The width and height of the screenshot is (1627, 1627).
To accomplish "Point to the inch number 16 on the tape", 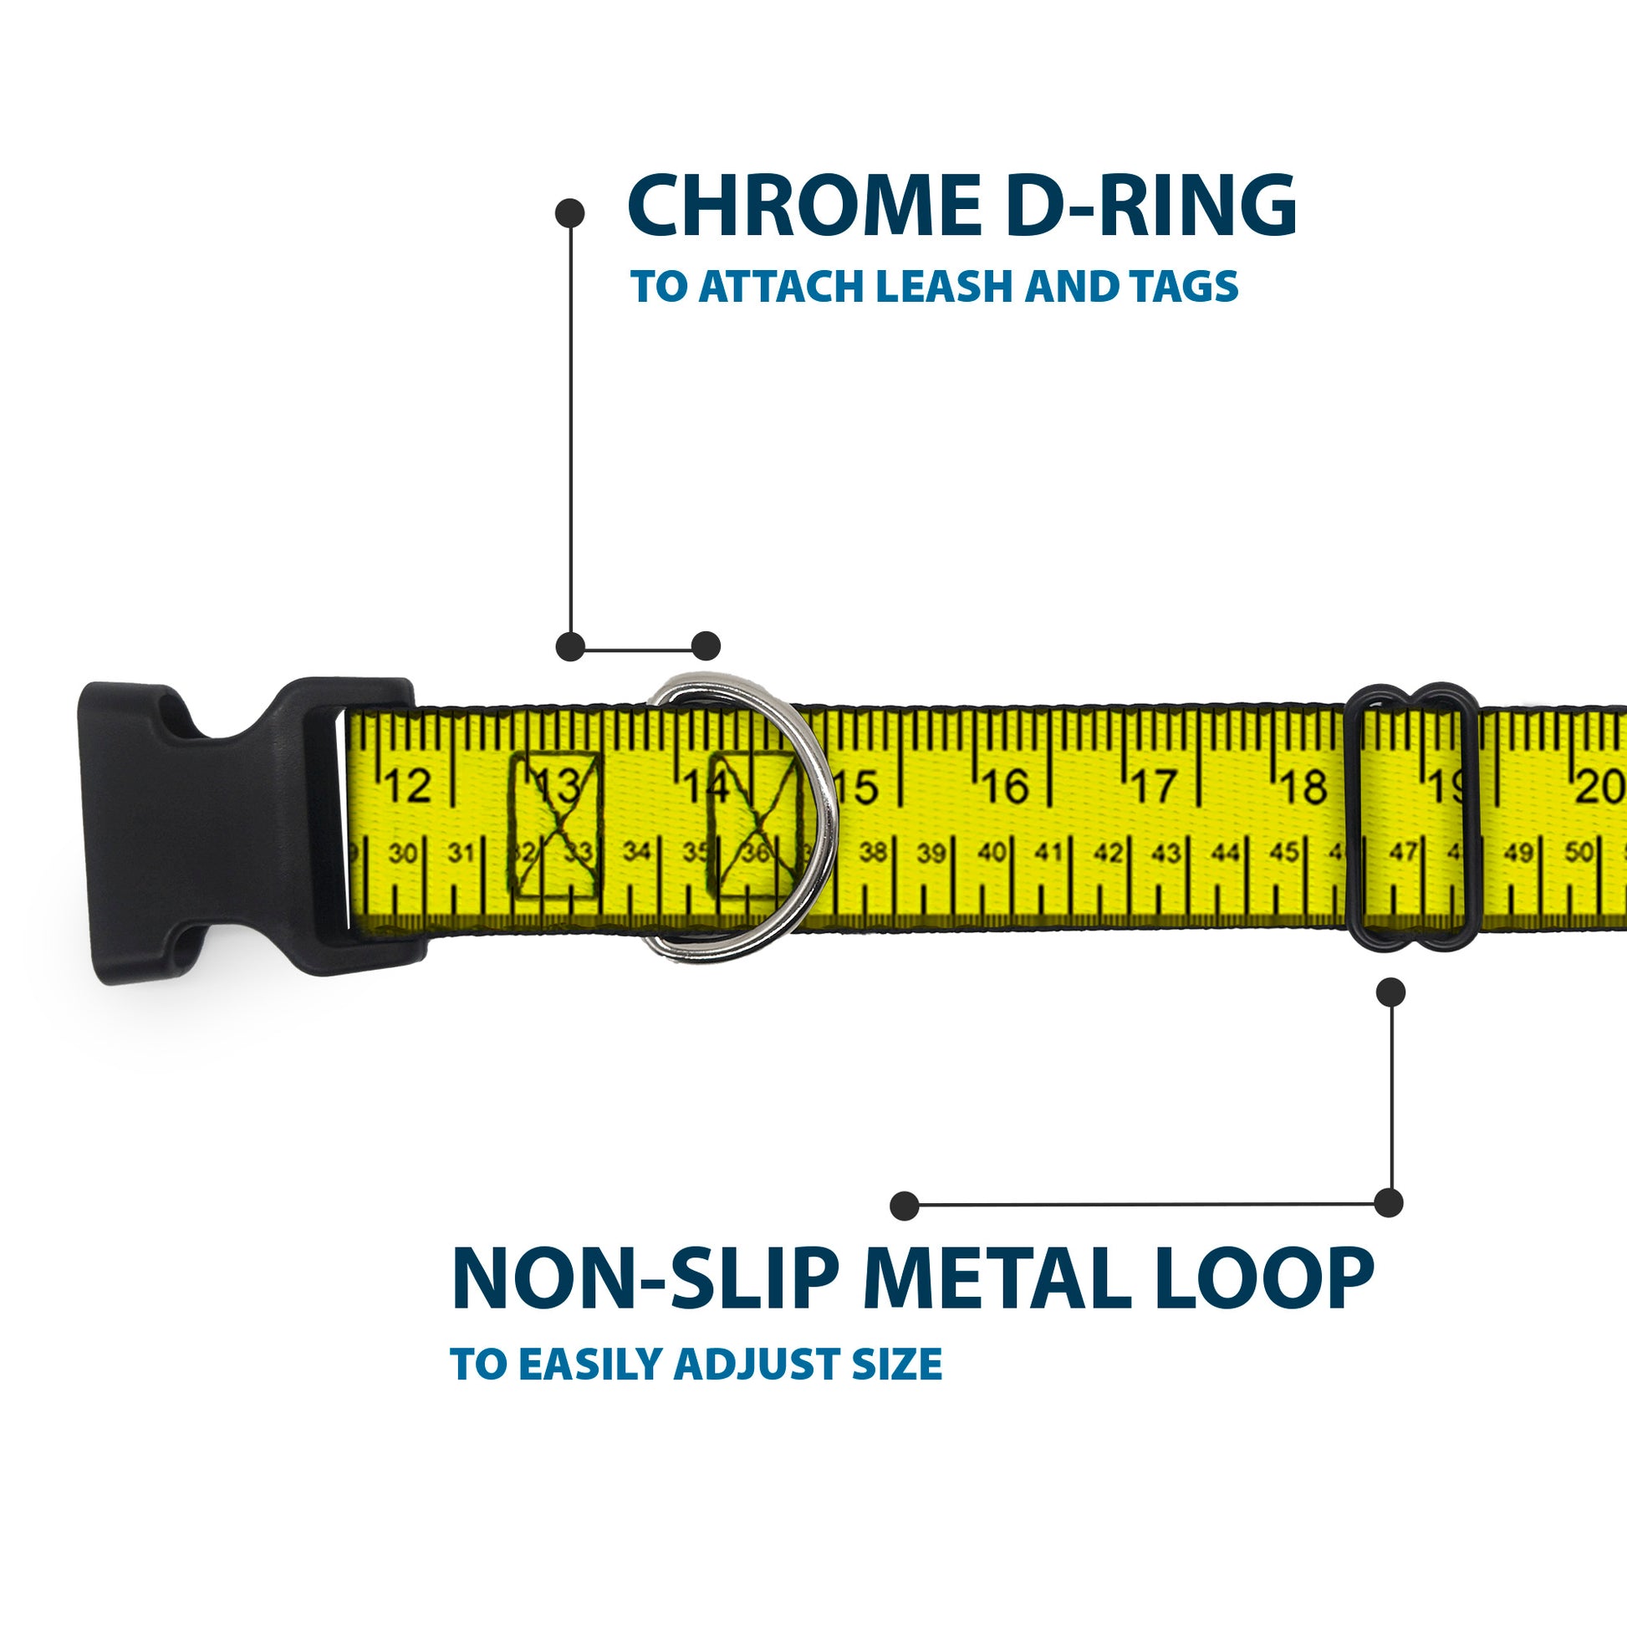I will (1006, 788).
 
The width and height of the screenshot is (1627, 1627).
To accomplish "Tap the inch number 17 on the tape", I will (1154, 788).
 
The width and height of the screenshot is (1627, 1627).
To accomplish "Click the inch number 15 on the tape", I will (857, 788).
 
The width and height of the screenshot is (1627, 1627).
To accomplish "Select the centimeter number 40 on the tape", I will (992, 853).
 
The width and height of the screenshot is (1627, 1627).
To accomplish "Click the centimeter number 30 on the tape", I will (402, 854).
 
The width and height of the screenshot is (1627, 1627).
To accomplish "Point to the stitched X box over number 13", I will (557, 826).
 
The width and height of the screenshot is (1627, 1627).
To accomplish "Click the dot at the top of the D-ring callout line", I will (570, 213).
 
